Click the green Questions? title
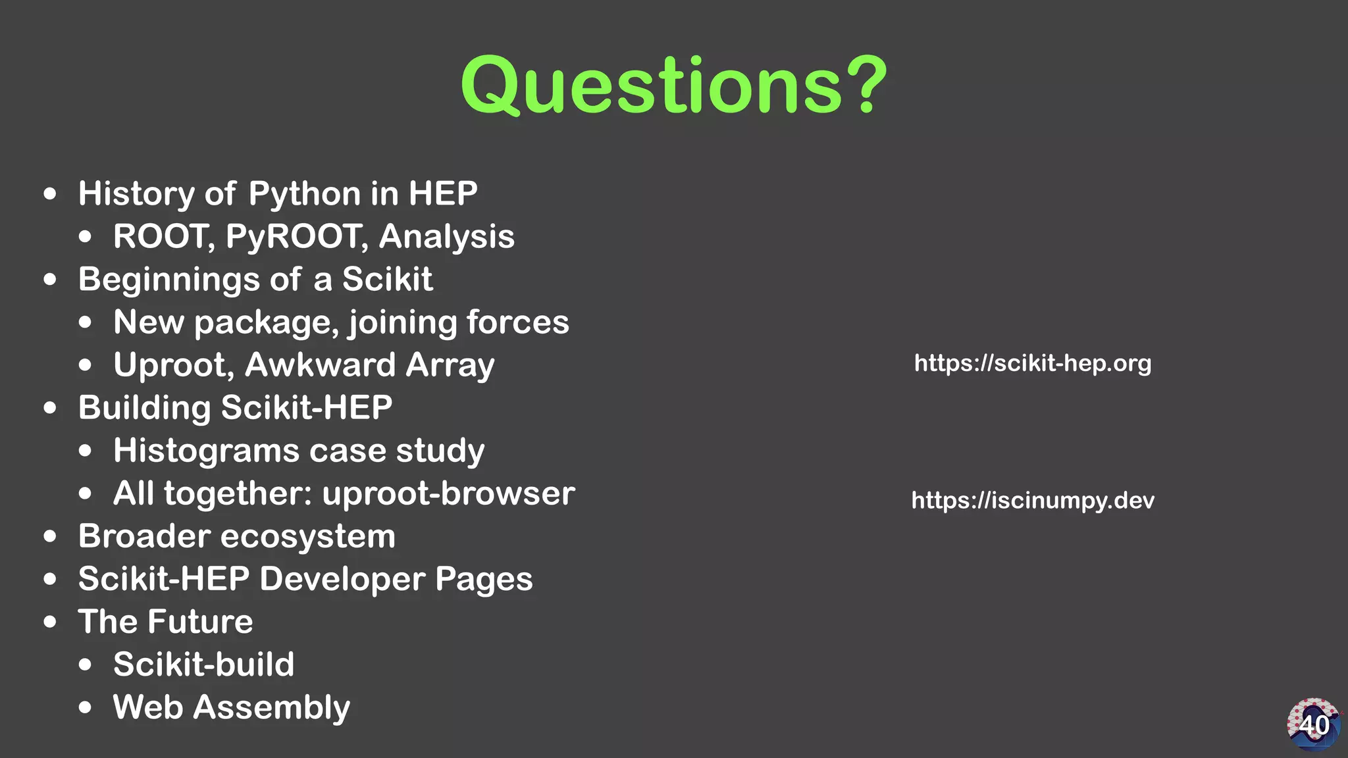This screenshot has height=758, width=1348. tap(673, 86)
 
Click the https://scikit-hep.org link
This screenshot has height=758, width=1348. tap(1033, 363)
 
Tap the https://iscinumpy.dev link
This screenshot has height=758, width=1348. tap(1033, 501)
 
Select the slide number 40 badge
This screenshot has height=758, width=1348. tap(1313, 724)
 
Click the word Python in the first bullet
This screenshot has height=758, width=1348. tap(305, 194)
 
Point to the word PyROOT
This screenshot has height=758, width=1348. tap(295, 236)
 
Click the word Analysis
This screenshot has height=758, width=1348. tap(446, 236)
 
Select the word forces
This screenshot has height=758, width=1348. tap(517, 322)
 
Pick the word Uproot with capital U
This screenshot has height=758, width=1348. tap(170, 366)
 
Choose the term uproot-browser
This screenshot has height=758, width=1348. tap(448, 493)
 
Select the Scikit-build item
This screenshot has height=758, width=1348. tap(203, 665)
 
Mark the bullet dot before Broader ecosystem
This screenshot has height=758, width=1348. tap(50, 536)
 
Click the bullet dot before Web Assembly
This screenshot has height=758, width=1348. tap(85, 708)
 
